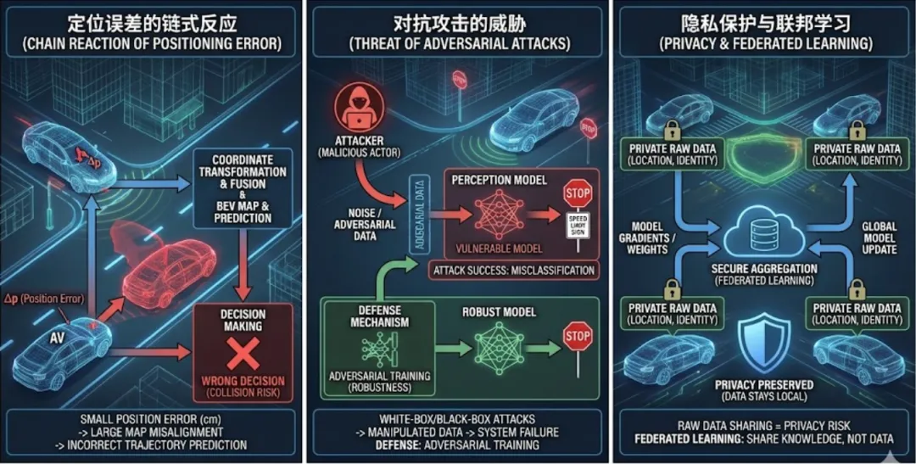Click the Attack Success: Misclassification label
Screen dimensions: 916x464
click(513, 271)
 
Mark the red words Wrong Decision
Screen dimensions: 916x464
click(243, 381)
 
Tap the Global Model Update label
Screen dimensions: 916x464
click(878, 238)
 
